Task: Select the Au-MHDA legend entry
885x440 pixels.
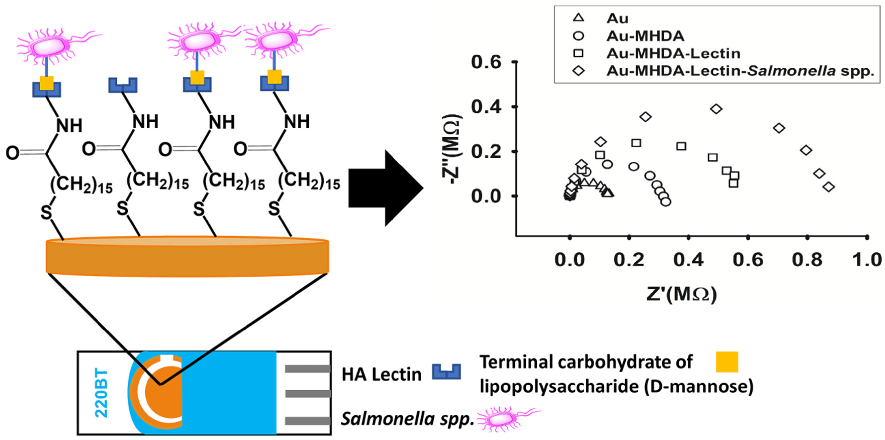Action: point(645,36)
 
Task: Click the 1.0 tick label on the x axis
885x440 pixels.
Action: point(866,260)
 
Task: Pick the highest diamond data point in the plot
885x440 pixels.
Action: point(716,109)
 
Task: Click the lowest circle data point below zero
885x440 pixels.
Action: point(665,202)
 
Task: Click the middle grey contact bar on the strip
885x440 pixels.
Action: point(307,394)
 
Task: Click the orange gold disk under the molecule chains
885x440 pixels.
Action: point(187,257)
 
